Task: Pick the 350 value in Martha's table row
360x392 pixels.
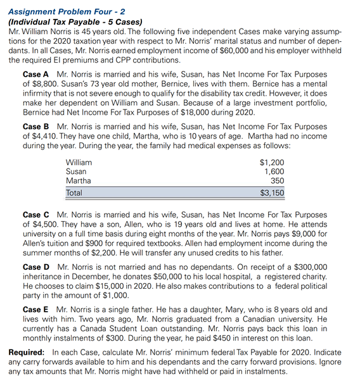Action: pyautogui.click(x=278, y=180)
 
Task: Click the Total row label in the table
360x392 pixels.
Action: pyautogui.click(x=77, y=193)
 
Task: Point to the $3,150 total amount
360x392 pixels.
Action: pyautogui.click(x=273, y=193)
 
